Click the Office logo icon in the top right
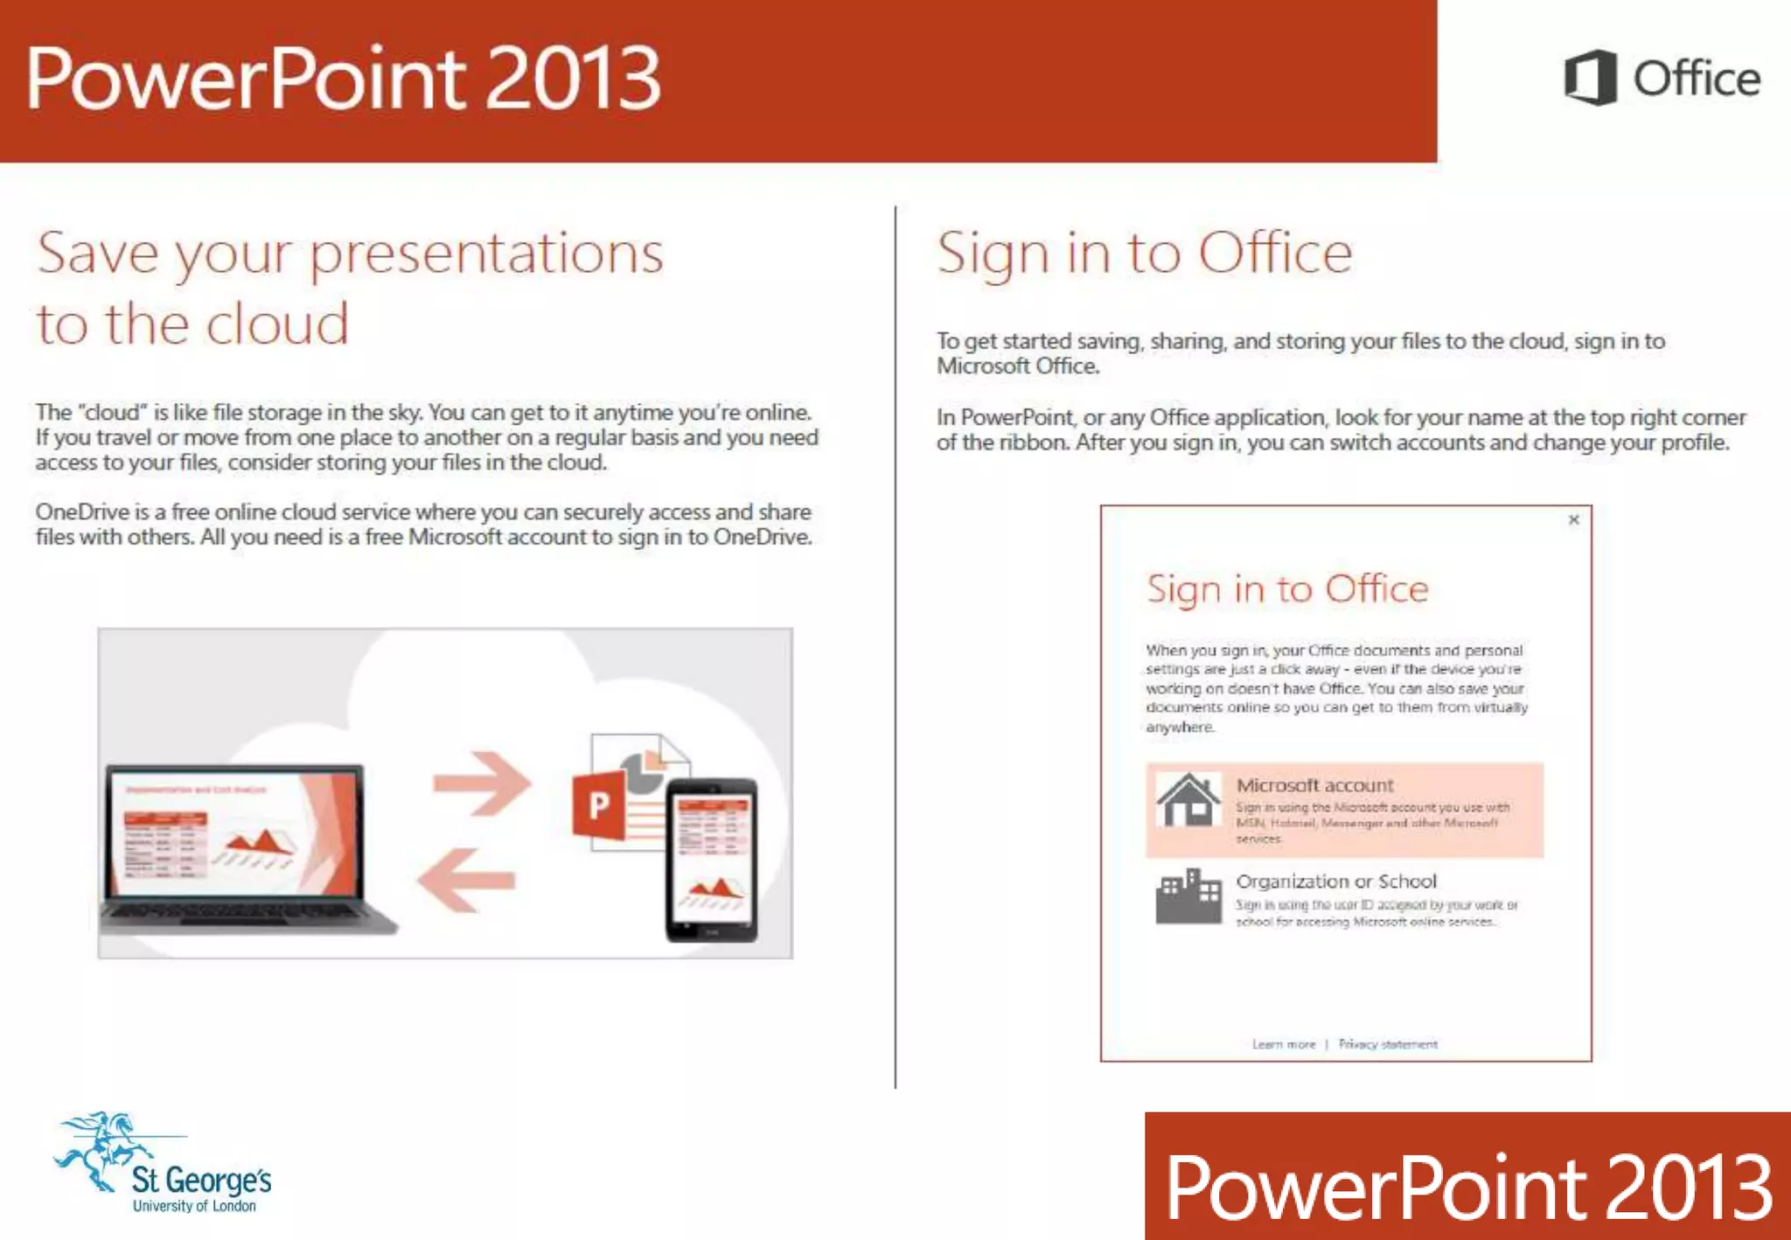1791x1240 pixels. pos(1590,78)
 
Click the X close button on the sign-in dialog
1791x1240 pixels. pos(1573,520)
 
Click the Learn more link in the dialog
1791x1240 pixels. pos(1283,1044)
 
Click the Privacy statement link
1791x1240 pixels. pos(1388,1044)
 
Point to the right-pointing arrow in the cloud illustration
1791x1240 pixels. pos(482,782)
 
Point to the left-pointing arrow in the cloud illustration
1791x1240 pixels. pos(466,880)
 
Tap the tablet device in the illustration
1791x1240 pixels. pos(711,860)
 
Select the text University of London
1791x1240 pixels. pos(194,1207)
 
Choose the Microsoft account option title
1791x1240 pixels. pos(1314,785)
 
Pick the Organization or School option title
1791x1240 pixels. pos(1335,881)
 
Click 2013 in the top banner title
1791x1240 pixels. pos(573,79)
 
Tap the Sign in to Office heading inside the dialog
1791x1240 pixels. pos(1286,589)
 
